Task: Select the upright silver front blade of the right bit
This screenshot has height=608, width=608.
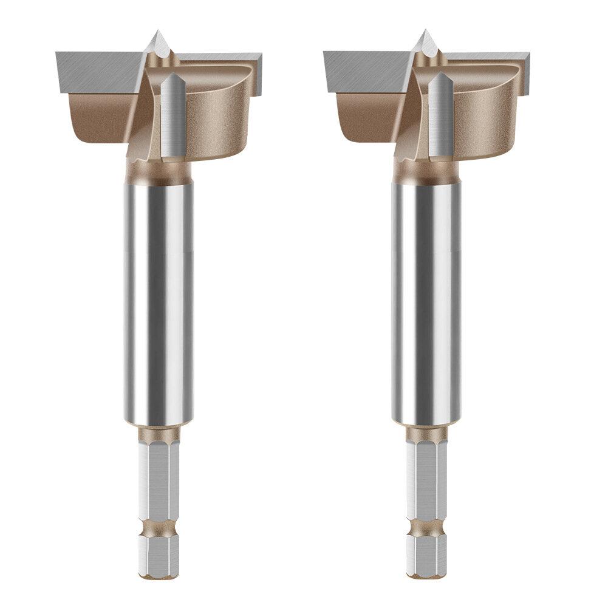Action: pyautogui.click(x=438, y=112)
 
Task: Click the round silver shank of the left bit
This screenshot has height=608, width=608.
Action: pyautogui.click(x=159, y=292)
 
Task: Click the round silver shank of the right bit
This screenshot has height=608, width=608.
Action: pyautogui.click(x=426, y=292)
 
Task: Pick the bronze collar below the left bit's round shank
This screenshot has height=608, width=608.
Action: pyautogui.click(x=159, y=432)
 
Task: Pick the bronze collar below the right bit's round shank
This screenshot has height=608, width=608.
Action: pyautogui.click(x=426, y=432)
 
